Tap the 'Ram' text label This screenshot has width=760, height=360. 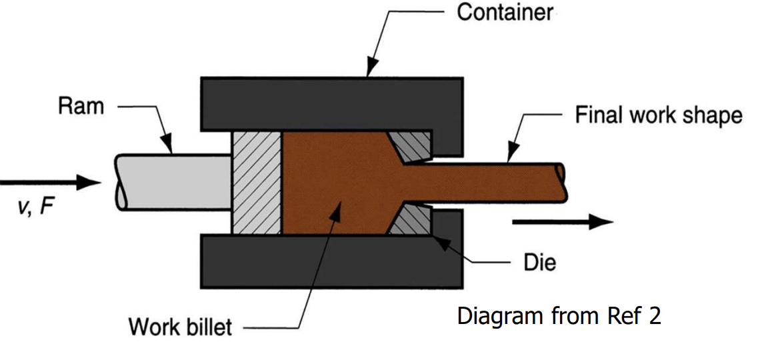(x=81, y=106)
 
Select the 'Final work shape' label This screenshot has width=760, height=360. (x=658, y=115)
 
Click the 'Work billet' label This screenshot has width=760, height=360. (x=180, y=327)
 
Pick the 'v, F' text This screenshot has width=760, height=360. (x=33, y=207)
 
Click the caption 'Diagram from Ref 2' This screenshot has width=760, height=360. (x=559, y=315)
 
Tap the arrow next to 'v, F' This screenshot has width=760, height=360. (x=50, y=181)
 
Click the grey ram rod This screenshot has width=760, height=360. (x=173, y=181)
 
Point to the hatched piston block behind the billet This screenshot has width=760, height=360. (x=257, y=182)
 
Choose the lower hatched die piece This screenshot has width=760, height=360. (x=411, y=219)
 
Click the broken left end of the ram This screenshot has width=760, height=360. (x=121, y=181)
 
